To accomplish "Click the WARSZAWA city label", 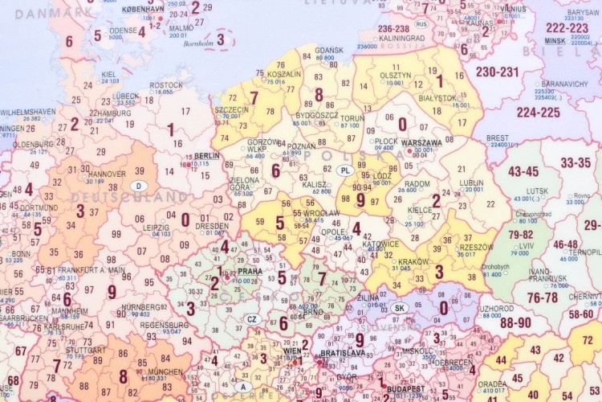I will tap(422, 142).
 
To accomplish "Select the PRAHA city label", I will tap(250, 272).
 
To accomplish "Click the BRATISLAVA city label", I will tap(343, 353).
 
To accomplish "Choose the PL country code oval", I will tap(345, 170).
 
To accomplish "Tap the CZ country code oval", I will tap(251, 318).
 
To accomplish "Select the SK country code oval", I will tap(401, 309).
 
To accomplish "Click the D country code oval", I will tap(138, 186).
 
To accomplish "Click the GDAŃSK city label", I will tap(330, 50).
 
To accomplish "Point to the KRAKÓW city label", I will tap(413, 262).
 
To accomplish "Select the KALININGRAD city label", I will tap(401, 38).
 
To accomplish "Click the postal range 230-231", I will tap(497, 72).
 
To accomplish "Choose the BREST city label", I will tap(497, 137).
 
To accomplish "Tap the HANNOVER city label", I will tap(107, 174).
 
